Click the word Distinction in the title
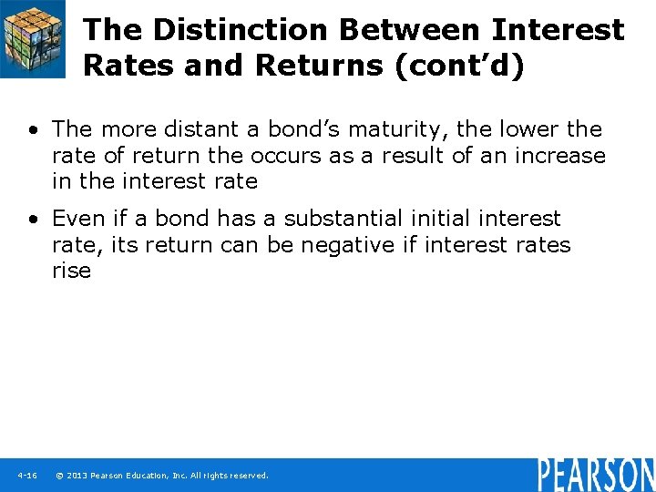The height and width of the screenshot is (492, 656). pyautogui.click(x=239, y=29)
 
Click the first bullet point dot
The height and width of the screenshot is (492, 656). pyautogui.click(x=32, y=130)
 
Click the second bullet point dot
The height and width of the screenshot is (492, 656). pyautogui.click(x=32, y=220)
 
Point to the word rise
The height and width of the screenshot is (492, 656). pyautogui.click(x=71, y=272)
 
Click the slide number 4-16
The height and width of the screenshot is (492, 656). pyautogui.click(x=26, y=476)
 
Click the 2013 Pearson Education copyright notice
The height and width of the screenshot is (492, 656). pyautogui.click(x=162, y=476)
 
